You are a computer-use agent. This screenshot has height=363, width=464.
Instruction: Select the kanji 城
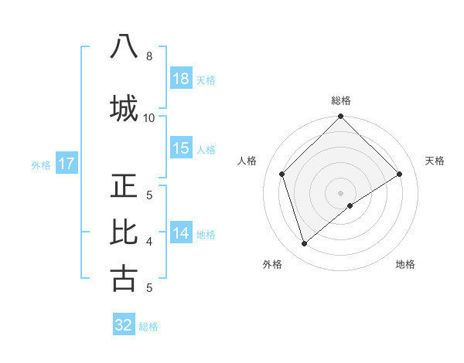[124, 107]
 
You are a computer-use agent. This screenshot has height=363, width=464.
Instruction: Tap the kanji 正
[124, 185]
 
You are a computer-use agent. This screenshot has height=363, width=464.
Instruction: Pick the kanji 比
[124, 232]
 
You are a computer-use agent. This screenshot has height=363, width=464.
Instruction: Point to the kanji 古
[124, 278]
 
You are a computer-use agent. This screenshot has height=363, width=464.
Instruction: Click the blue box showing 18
[181, 79]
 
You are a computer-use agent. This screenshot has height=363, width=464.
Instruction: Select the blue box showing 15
[181, 148]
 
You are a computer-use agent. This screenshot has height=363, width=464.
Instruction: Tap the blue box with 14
[181, 233]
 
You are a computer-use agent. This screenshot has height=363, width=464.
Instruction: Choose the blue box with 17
[66, 164]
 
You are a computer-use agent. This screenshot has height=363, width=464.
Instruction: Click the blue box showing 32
[124, 325]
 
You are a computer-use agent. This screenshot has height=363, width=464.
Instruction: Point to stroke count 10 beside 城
[149, 117]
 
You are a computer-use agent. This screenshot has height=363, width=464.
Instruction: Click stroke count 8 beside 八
[149, 56]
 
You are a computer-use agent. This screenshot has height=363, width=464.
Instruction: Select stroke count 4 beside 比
[149, 241]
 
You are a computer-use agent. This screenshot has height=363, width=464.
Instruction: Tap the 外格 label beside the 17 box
[41, 165]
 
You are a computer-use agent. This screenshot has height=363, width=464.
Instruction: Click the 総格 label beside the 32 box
[148, 326]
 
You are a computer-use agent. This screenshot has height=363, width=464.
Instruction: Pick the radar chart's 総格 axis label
[341, 100]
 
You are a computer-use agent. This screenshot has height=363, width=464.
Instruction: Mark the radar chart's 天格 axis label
[435, 161]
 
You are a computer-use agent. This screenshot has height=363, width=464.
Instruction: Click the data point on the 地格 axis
[350, 205]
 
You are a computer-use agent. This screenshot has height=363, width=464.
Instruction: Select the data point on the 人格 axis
[282, 174]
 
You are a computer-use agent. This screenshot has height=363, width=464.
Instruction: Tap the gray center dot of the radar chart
[340, 192]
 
